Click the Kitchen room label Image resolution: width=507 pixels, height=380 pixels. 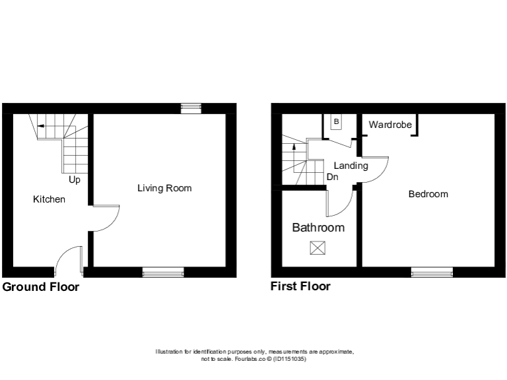pyautogui.click(x=50, y=199)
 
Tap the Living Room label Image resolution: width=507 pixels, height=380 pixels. pyautogui.click(x=164, y=188)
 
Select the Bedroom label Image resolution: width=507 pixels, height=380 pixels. pyautogui.click(x=428, y=194)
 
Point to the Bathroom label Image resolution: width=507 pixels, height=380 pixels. pyautogui.click(x=318, y=228)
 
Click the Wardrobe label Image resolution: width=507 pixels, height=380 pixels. pyautogui.click(x=390, y=125)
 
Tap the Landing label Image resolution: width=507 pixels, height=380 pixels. pyautogui.click(x=351, y=166)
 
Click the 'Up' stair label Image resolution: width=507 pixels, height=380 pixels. pyautogui.click(x=75, y=179)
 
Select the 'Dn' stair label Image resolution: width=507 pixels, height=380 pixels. pyautogui.click(x=332, y=177)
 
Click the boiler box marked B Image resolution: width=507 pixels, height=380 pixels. pyautogui.click(x=336, y=122)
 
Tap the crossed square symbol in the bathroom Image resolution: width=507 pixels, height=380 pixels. pyautogui.click(x=318, y=248)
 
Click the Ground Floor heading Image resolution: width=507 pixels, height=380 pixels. pyautogui.click(x=41, y=287)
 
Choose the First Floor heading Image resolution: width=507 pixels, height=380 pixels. pyautogui.click(x=300, y=286)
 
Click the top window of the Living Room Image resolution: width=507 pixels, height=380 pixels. pyautogui.click(x=191, y=109)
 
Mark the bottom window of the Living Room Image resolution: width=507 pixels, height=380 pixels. pyautogui.click(x=163, y=272)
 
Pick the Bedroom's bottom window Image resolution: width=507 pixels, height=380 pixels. pyautogui.click(x=432, y=272)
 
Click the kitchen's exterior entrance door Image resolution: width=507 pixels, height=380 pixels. pyautogui.click(x=68, y=261)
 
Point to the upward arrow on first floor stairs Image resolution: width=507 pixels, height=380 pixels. pyautogui.click(x=294, y=146)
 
